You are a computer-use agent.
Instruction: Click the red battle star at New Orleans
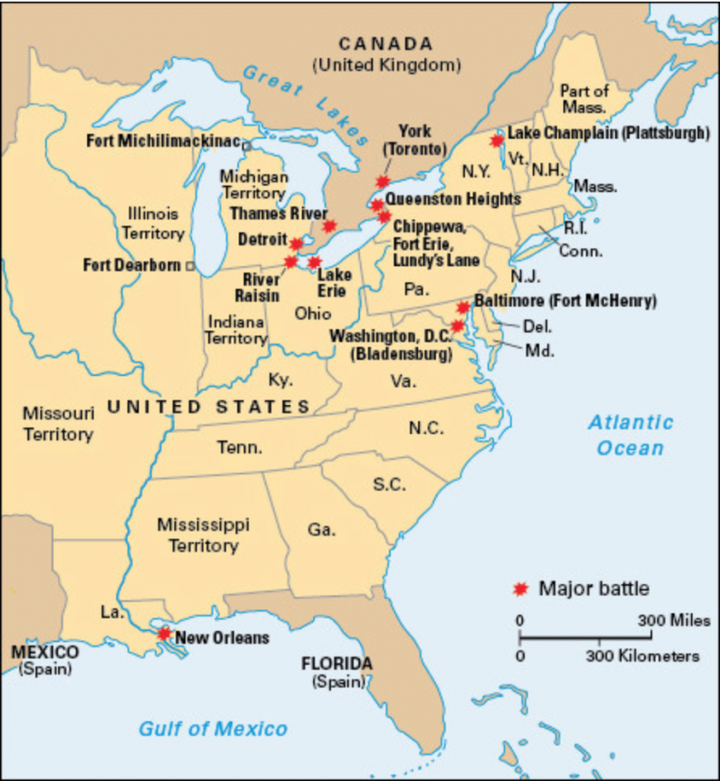[164, 634]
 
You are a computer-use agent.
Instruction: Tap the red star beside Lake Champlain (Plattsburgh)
[497, 141]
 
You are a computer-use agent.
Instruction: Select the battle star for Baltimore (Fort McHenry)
[463, 308]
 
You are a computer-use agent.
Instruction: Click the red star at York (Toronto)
[382, 182]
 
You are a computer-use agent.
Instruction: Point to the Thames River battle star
[329, 225]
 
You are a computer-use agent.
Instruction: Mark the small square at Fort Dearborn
[190, 266]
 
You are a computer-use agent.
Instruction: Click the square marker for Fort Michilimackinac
[246, 145]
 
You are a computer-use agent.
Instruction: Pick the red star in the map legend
[520, 589]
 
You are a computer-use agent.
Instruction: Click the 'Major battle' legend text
[593, 589]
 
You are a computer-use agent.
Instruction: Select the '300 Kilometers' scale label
[643, 655]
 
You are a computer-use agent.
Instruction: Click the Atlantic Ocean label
[630, 435]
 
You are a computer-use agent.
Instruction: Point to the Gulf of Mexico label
[213, 728]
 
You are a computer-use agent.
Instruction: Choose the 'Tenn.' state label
[240, 448]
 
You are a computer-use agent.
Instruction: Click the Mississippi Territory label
[197, 534]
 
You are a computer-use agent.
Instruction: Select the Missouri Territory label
[58, 424]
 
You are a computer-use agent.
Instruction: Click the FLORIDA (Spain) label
[337, 671]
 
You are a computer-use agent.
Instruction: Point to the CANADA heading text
[386, 44]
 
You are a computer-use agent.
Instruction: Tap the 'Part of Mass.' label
[584, 98]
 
